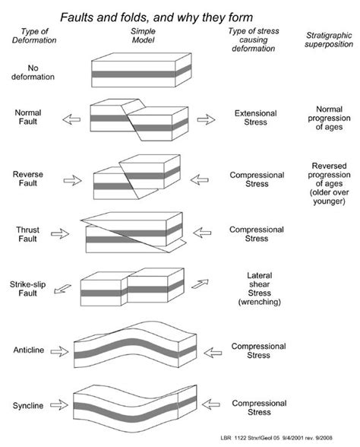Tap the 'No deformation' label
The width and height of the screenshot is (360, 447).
pyautogui.click(x=30, y=77)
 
